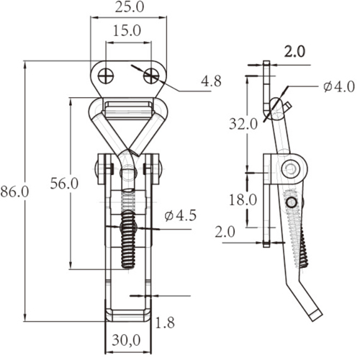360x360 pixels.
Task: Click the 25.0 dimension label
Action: click(130, 7)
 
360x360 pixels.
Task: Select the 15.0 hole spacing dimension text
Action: click(127, 31)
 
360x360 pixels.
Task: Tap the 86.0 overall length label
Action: click(14, 192)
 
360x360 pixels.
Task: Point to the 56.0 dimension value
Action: click(64, 184)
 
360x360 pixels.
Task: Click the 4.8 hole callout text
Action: click(211, 81)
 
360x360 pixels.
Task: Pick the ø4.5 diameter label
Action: click(181, 215)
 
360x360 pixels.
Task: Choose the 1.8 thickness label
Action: click(165, 323)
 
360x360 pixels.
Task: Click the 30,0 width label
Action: click(126, 341)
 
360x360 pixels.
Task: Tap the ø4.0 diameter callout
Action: click(338, 86)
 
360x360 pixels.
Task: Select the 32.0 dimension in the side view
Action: click(243, 124)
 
